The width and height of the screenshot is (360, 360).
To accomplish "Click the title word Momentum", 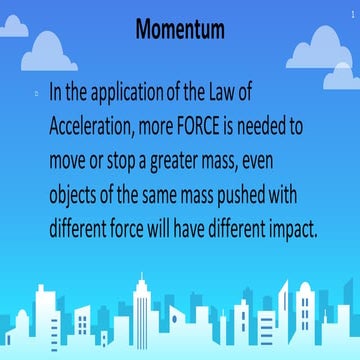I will tap(180, 31).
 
